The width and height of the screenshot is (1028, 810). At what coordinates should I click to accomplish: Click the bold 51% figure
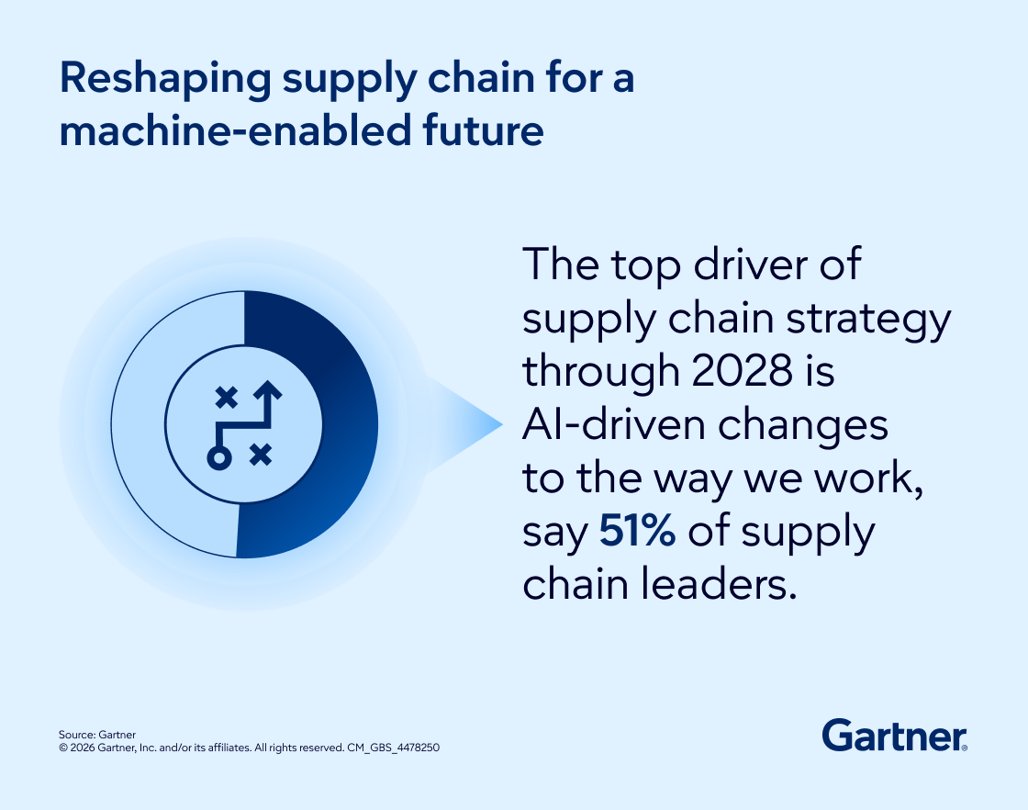point(638,534)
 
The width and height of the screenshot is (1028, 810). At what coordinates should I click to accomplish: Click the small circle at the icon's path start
point(218,457)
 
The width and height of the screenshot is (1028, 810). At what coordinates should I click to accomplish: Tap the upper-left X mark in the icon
point(226,398)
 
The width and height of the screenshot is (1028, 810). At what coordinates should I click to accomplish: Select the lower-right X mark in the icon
point(261,453)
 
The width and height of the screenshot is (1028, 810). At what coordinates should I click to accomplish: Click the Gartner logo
point(894,736)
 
